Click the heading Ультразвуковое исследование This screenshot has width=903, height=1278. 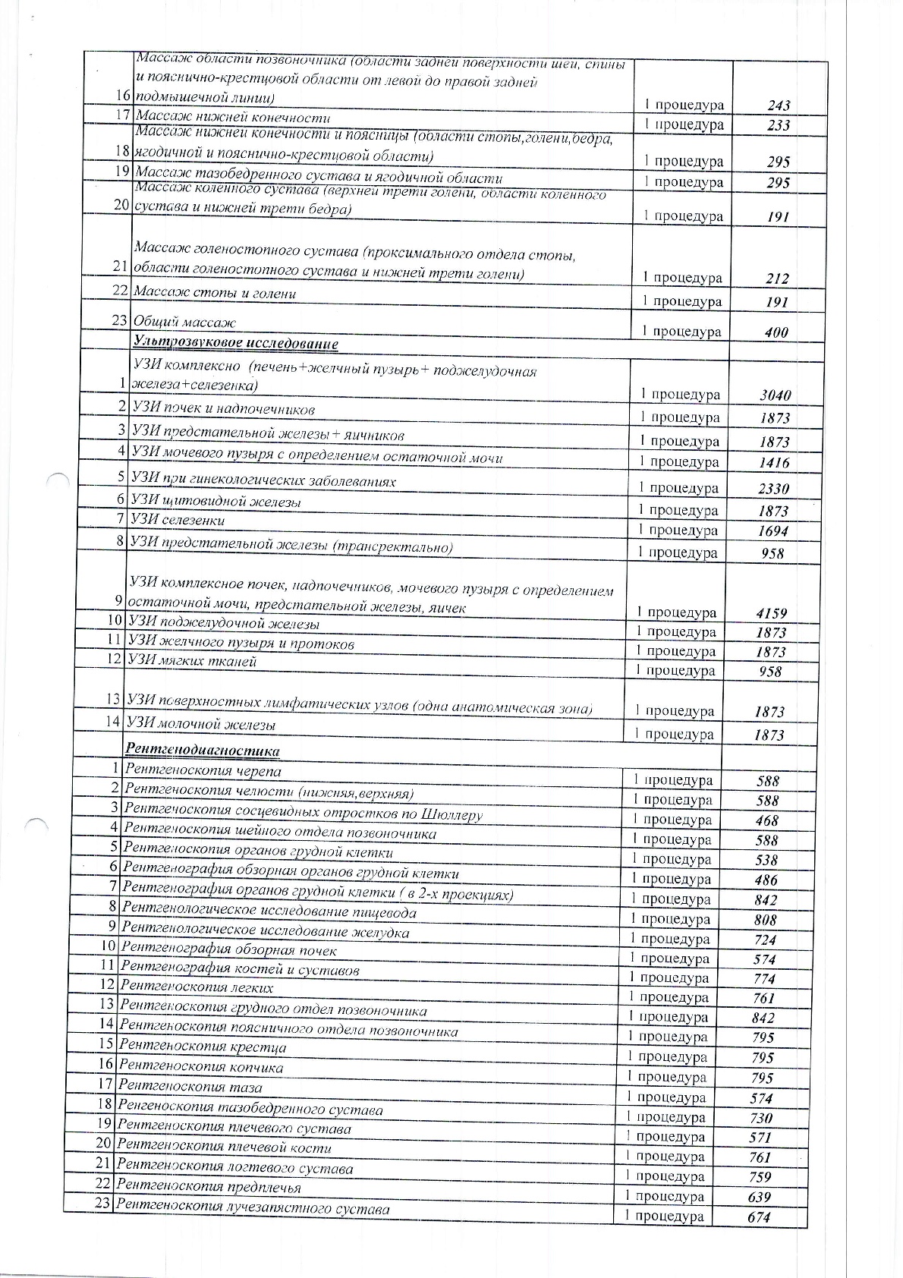tap(235, 344)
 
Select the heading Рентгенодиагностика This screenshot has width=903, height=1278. tap(203, 751)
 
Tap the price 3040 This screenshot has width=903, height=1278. tap(775, 395)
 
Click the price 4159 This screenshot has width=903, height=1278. tap(772, 613)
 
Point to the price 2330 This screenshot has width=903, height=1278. tap(773, 489)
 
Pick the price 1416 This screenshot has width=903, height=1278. tap(773, 463)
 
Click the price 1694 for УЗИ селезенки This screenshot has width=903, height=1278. tap(772, 531)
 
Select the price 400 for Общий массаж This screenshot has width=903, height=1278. tap(776, 332)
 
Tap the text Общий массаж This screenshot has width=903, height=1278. tap(185, 323)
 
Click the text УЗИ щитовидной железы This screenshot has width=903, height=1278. tap(216, 502)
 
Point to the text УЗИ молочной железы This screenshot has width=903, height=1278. tap(201, 724)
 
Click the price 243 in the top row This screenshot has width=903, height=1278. tap(778, 106)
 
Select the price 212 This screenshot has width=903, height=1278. tap(777, 279)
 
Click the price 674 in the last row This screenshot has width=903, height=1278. tap(759, 1217)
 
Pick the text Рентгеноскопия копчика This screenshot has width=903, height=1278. tap(201, 1067)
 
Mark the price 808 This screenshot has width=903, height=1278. tap(766, 920)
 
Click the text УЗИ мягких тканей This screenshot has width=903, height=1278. tap(193, 661)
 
